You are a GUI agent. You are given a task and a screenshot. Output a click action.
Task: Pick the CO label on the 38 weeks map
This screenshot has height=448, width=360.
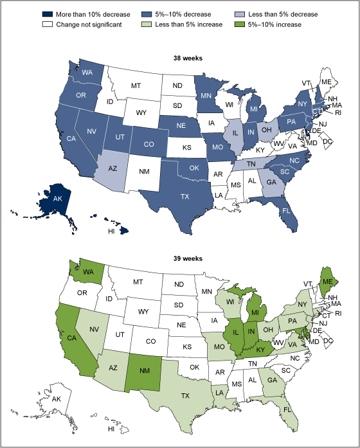coord(147,136)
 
